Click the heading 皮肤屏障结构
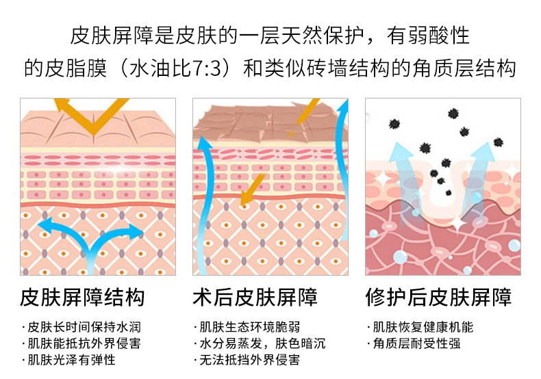pos(82,298)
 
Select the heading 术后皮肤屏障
pos(255,298)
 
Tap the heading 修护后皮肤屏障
pos(438,298)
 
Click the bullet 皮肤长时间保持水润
pos(85,327)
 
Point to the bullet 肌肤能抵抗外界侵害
pos(85,343)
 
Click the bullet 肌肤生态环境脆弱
pos(251,327)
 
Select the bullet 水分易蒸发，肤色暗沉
pos(263,343)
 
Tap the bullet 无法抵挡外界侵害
pos(251,360)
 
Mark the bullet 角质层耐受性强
pos(417,343)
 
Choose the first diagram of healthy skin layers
pos(97,186)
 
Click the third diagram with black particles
pos(442,186)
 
